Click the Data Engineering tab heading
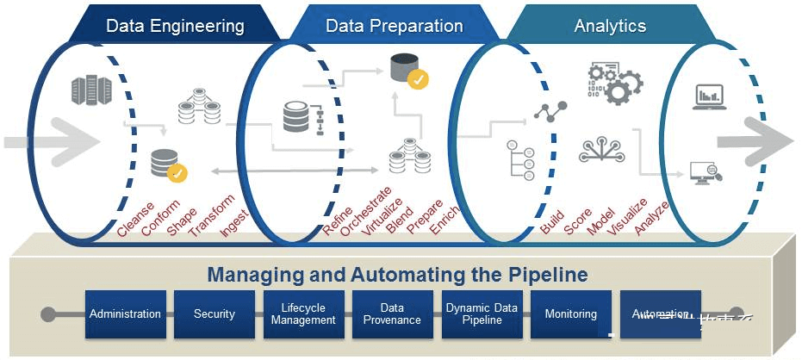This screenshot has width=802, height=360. pyautogui.click(x=175, y=26)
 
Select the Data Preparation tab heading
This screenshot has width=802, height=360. pyautogui.click(x=394, y=26)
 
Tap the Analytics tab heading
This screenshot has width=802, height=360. pyautogui.click(x=610, y=26)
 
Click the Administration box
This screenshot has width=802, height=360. pyautogui.click(x=125, y=314)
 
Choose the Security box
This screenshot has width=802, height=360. pyautogui.click(x=214, y=314)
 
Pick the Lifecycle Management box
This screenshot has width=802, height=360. pyautogui.click(x=303, y=314)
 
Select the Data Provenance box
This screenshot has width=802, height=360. pyautogui.click(x=392, y=314)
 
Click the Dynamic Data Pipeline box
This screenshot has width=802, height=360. pyautogui.click(x=481, y=314)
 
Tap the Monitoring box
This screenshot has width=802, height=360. pyautogui.click(x=570, y=314)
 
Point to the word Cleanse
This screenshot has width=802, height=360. pyautogui.click(x=136, y=219)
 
